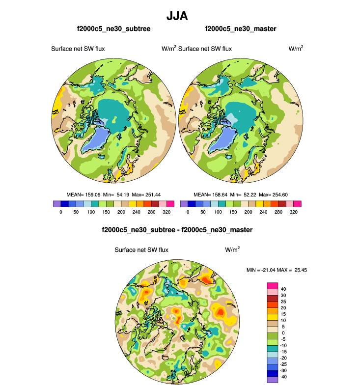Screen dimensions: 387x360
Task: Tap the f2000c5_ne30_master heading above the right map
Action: point(241,29)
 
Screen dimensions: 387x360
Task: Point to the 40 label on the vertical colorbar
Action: point(283,289)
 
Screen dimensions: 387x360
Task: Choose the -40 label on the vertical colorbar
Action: point(284,377)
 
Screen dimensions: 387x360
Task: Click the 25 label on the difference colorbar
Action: point(283,302)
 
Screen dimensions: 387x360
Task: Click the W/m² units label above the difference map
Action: point(232,249)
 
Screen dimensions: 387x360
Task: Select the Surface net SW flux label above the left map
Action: point(78,49)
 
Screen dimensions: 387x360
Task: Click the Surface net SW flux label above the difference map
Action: point(141,249)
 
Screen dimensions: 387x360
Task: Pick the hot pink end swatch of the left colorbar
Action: point(171,203)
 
